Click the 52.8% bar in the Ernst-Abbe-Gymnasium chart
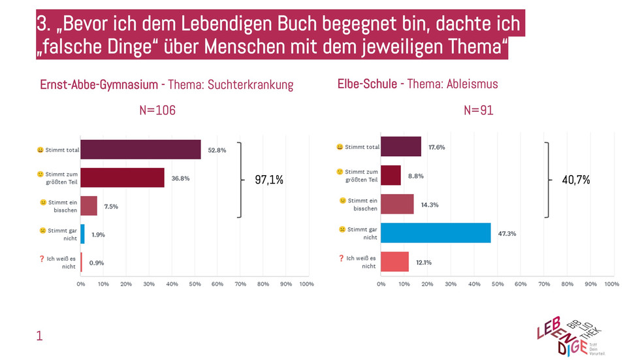click(x=140, y=150)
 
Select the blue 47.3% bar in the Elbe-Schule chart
click(x=436, y=233)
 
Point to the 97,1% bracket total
click(x=269, y=179)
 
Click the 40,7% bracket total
click(x=576, y=179)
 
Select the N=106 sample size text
click(x=157, y=110)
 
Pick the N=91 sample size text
click(x=479, y=110)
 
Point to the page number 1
click(x=39, y=336)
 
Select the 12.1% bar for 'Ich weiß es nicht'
click(x=394, y=262)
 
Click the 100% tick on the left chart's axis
click(x=306, y=284)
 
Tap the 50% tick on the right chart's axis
click(x=497, y=284)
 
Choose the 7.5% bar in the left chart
click(x=89, y=206)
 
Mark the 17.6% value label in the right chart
click(x=437, y=148)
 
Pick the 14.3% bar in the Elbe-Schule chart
click(x=397, y=205)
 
